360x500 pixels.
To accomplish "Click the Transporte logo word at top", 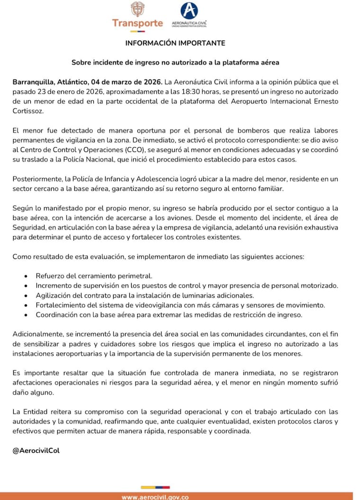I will [137, 23].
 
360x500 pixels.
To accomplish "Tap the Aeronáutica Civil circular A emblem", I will [190, 10].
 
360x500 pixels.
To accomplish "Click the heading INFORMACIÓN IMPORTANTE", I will [175, 43].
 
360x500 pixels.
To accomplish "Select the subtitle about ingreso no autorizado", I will [175, 62].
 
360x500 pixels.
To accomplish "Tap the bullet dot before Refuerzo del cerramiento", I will [25, 276].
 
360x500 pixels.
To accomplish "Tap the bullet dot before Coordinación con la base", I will [25, 315].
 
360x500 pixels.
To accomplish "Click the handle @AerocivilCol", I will [36, 450].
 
